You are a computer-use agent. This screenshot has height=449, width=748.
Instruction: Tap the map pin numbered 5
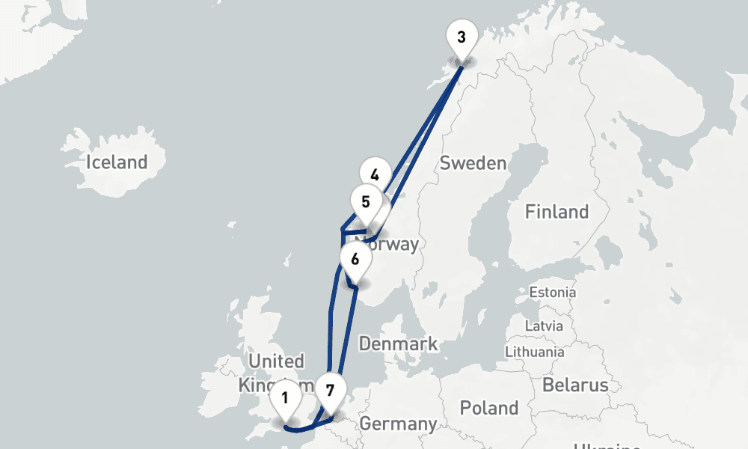click(x=366, y=202)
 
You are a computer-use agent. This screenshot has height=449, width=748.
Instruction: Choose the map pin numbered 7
click(x=331, y=389)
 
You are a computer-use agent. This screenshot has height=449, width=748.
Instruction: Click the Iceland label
click(x=117, y=162)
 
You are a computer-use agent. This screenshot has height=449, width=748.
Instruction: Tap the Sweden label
click(x=473, y=163)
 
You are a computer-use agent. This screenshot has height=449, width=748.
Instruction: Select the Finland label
click(x=557, y=212)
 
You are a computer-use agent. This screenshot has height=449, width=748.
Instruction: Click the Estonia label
click(x=552, y=292)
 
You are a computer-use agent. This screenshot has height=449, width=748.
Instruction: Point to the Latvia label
click(x=544, y=326)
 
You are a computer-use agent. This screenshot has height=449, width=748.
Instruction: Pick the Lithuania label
click(x=535, y=351)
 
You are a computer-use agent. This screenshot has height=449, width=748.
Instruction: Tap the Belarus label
click(x=575, y=385)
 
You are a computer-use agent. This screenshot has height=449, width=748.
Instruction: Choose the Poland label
click(x=489, y=408)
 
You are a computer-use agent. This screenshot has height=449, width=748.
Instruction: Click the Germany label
click(x=398, y=424)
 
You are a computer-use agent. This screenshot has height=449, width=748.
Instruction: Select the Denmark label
click(x=398, y=344)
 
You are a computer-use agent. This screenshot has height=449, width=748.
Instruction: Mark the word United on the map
click(x=276, y=361)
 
